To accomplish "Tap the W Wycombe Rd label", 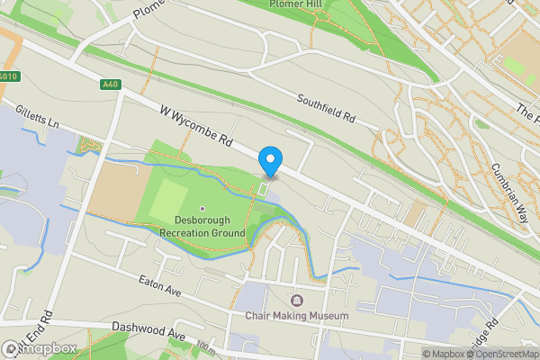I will click(x=197, y=127).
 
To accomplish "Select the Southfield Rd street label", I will click(x=326, y=107).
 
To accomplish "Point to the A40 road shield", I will click(x=110, y=85).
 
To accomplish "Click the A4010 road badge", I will click(x=9, y=76).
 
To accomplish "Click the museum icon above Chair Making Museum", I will click(x=297, y=300).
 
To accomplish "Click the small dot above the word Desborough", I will click(x=202, y=208).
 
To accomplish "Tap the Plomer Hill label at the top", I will click(x=296, y=4).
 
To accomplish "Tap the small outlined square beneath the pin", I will click(x=263, y=189).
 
